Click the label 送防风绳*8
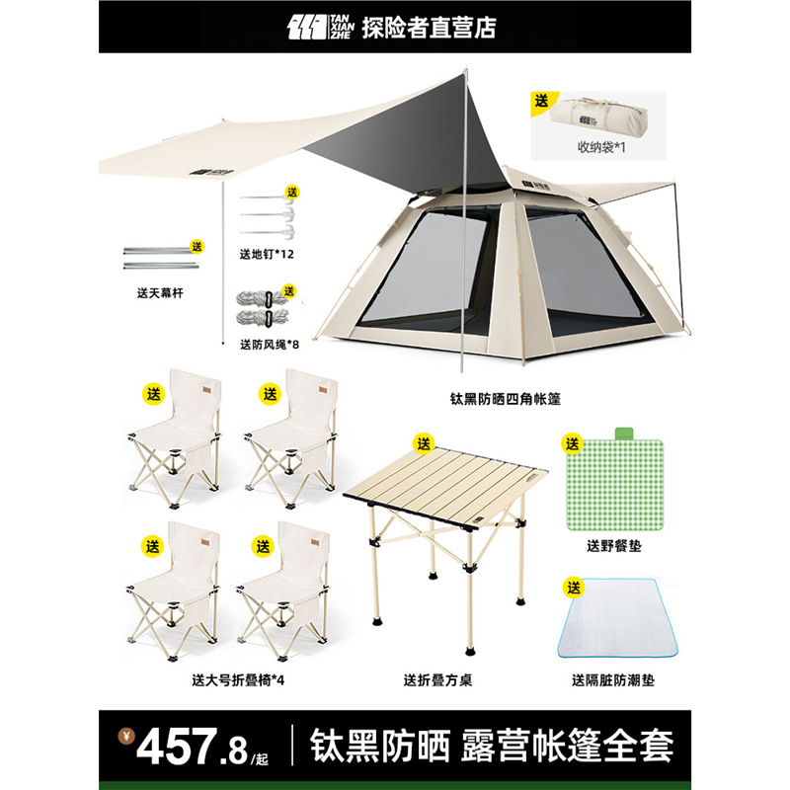[272, 344]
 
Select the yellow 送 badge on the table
[423, 441]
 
